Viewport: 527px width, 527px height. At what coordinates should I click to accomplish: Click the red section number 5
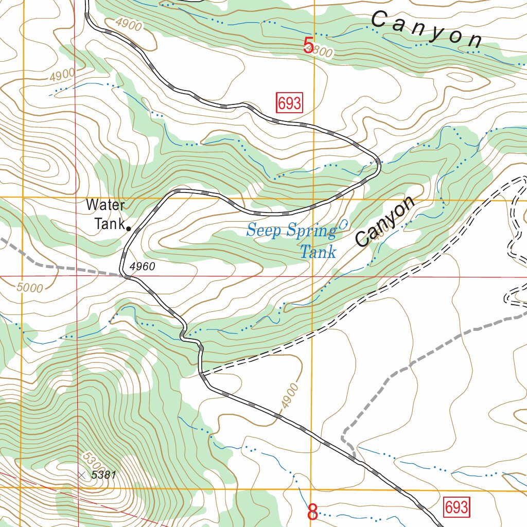click(308, 46)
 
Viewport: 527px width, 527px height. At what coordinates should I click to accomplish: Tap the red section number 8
click(312, 513)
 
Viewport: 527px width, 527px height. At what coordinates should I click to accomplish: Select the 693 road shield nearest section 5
click(289, 103)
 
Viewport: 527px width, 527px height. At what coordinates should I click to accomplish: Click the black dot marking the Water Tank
click(128, 228)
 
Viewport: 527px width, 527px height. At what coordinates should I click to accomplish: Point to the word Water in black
click(105, 205)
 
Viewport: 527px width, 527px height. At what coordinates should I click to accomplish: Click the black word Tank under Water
click(109, 224)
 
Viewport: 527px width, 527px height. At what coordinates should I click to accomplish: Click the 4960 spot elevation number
click(142, 266)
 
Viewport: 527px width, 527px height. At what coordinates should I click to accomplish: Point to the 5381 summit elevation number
click(103, 475)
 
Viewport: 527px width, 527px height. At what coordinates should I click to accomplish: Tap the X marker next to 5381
click(81, 475)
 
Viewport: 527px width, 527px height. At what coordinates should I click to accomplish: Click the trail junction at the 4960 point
click(127, 276)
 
